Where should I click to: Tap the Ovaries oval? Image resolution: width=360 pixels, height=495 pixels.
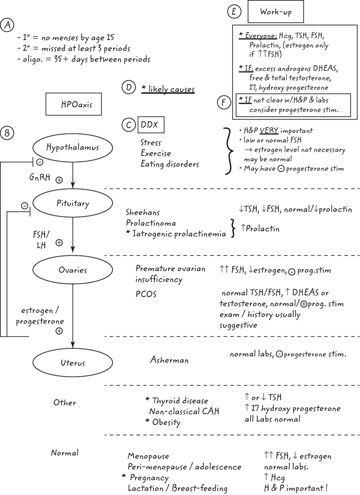[73, 270]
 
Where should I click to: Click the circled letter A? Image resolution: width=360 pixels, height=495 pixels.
[8, 25]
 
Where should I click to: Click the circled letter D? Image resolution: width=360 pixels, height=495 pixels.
[128, 87]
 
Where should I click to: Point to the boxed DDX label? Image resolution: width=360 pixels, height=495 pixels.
[150, 125]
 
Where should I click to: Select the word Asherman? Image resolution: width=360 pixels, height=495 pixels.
[169, 360]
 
